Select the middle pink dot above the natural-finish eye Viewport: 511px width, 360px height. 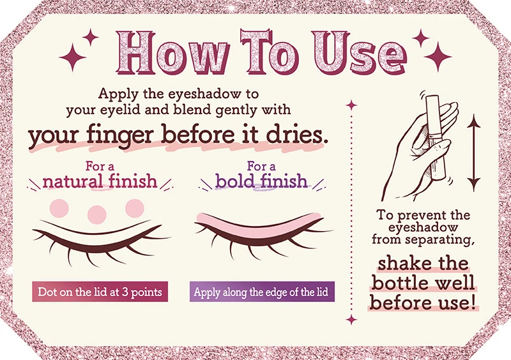pos(97,213)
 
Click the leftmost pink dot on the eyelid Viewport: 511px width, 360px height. pos(59,207)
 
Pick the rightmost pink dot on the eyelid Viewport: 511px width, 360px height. pos(135,206)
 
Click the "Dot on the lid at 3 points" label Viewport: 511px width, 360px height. pos(100,292)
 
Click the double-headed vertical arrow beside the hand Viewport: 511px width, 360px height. pos(473,151)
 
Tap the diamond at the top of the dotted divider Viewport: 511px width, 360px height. pos(350,102)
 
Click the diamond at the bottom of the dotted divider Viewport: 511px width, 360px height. pos(350,319)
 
